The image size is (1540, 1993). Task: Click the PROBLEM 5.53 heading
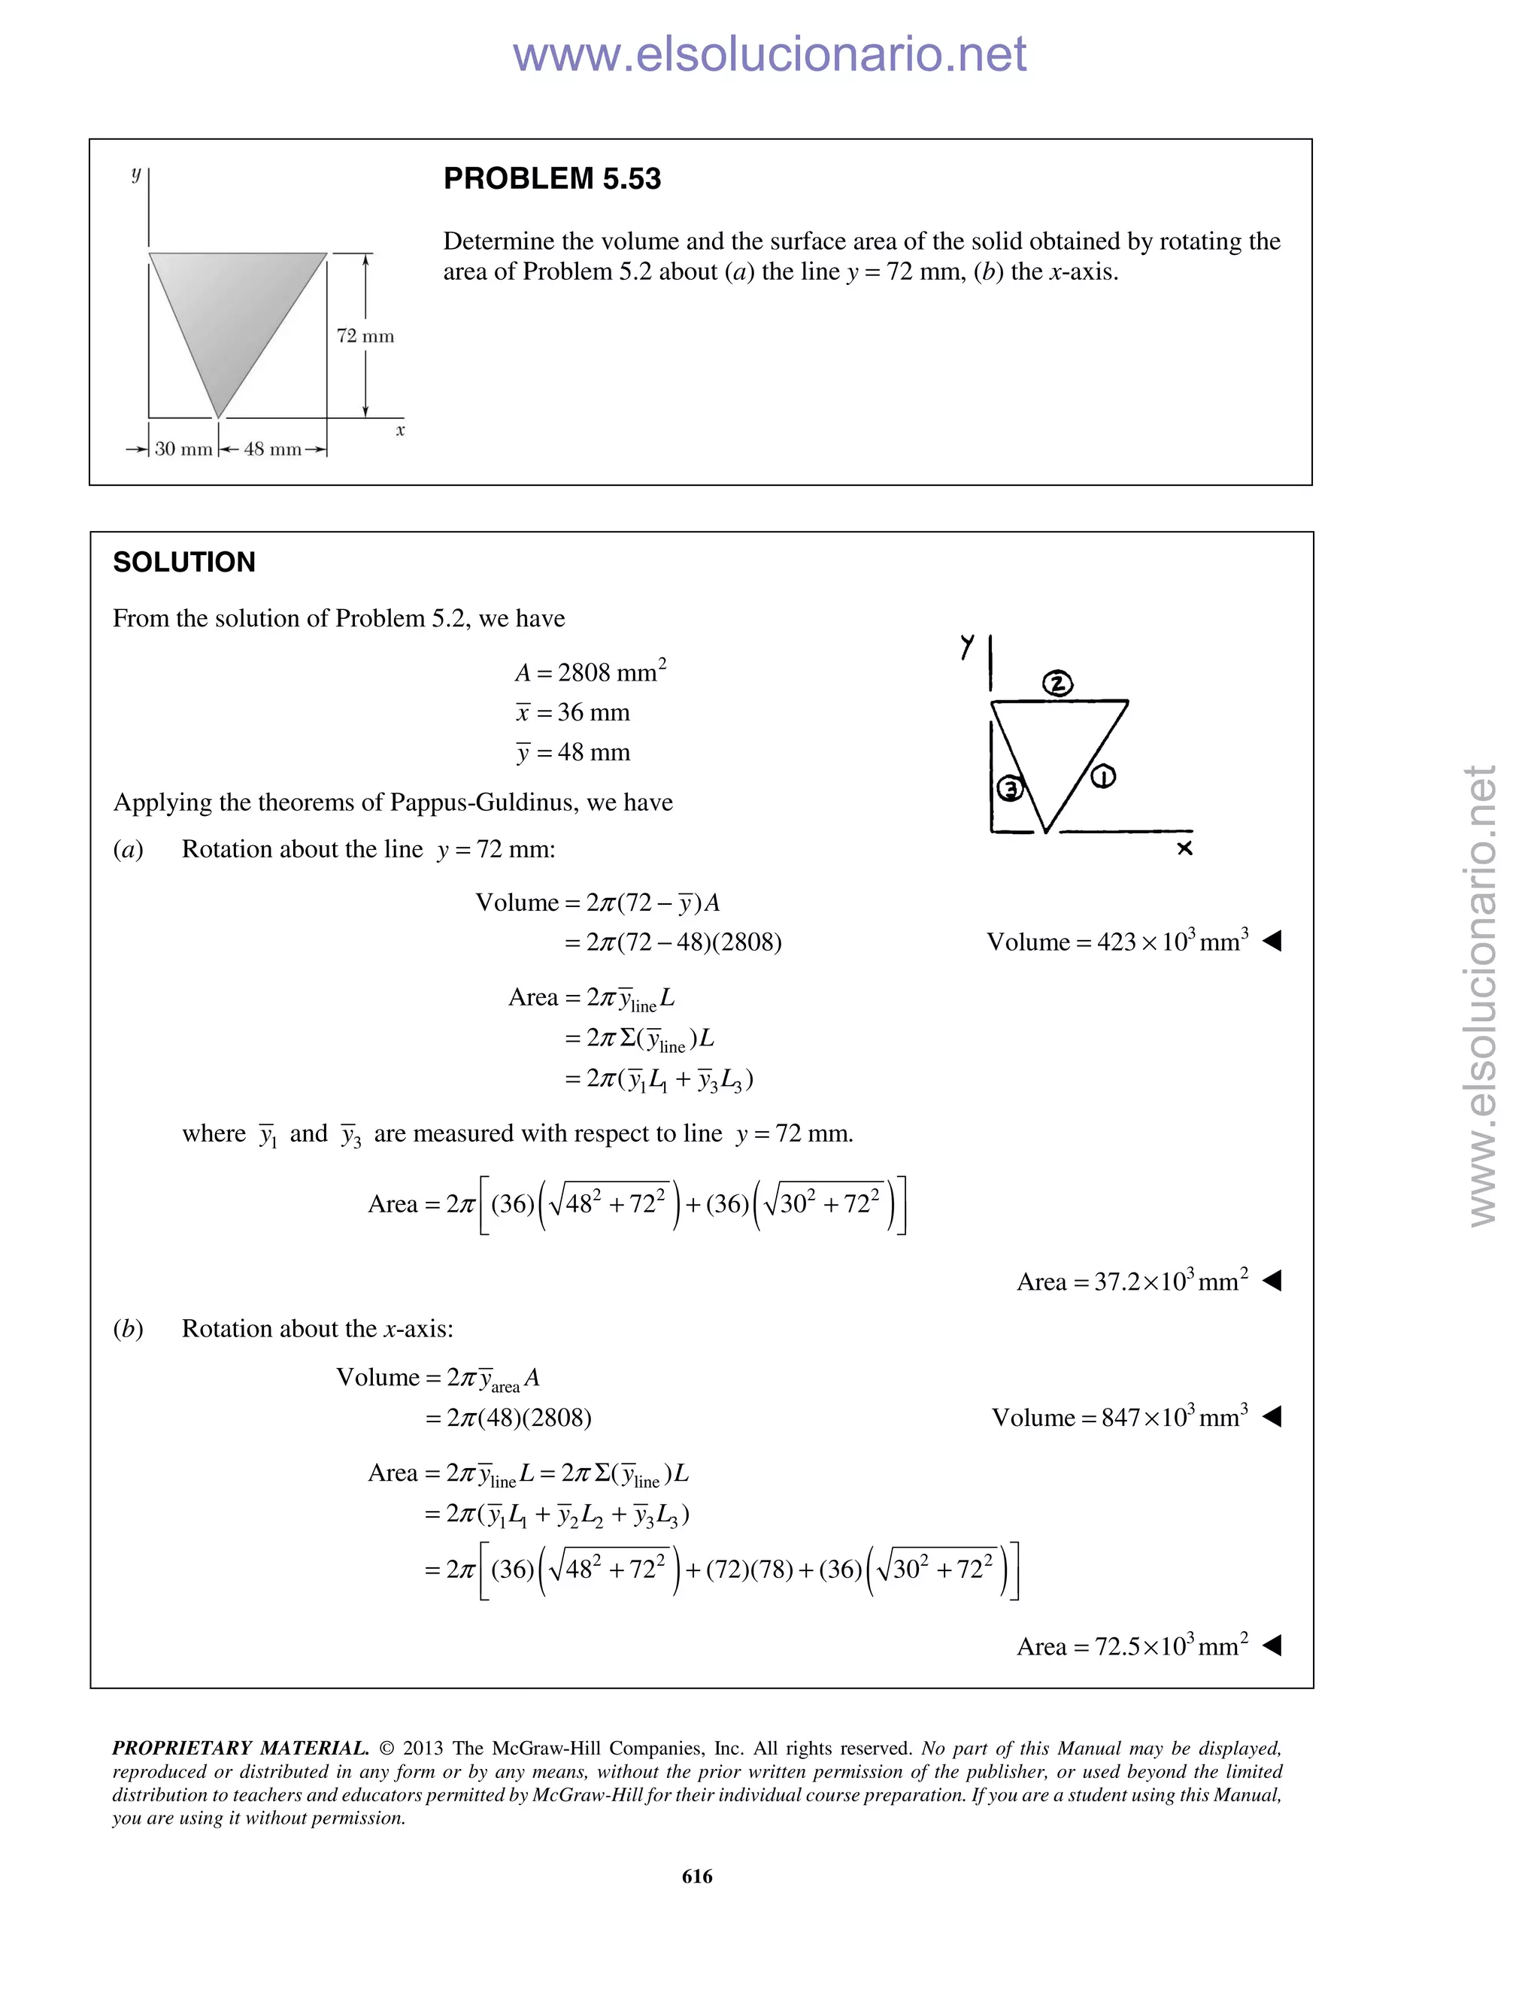552,179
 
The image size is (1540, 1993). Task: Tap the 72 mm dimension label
365,337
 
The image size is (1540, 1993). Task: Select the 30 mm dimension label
183,449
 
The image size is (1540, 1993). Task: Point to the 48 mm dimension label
272,449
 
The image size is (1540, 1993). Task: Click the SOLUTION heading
184,562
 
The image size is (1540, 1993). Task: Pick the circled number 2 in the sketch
1057,684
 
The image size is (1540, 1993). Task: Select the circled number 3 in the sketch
1009,787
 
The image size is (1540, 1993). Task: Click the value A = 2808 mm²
590,672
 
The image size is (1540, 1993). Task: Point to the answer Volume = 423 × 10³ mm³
1117,942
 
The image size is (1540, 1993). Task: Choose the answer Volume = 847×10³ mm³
1120,1417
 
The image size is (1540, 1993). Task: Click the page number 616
697,1876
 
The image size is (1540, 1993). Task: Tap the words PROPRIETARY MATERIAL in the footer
240,1749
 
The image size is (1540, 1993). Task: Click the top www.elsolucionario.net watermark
769,55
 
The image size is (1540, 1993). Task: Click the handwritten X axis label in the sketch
1184,848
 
